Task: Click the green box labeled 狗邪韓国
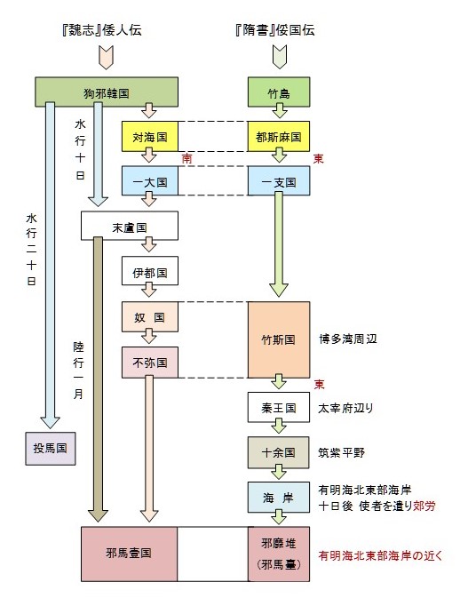[x=107, y=92]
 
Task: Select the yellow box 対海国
[x=150, y=137]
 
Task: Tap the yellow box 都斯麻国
[x=279, y=137]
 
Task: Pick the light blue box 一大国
[x=150, y=181]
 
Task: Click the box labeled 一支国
[x=279, y=181]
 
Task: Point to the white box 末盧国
[x=130, y=226]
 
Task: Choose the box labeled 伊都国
[x=150, y=271]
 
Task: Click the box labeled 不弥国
[x=150, y=363]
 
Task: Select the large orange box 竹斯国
[x=279, y=339]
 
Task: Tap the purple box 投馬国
[x=51, y=449]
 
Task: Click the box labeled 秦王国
[x=279, y=407]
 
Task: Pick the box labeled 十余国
[x=279, y=452]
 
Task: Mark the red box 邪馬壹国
[x=129, y=554]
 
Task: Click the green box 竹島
[x=279, y=92]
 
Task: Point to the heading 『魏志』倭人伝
[x=102, y=29]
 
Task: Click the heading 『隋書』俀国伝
[x=275, y=29]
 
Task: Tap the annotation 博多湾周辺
[x=348, y=339]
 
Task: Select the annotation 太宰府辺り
[x=345, y=408]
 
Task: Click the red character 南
[x=187, y=158]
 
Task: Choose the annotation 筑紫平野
[x=341, y=452]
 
